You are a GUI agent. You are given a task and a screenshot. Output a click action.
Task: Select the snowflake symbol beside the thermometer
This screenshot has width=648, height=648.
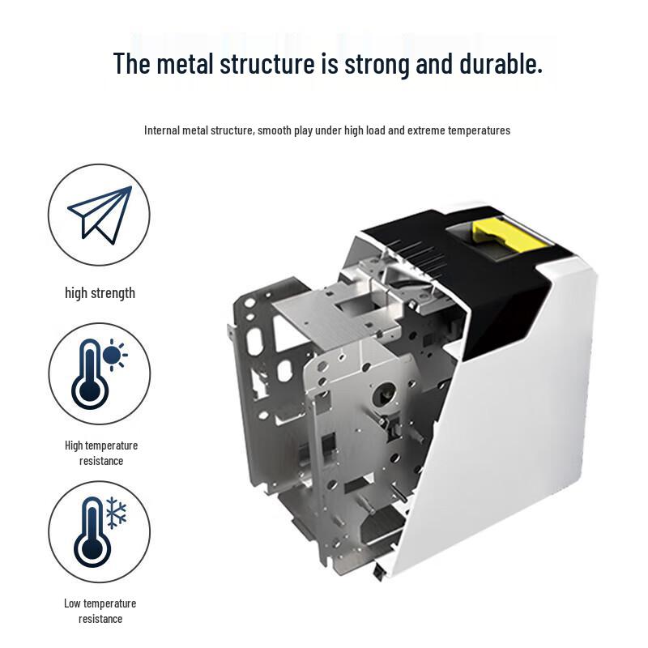(116, 513)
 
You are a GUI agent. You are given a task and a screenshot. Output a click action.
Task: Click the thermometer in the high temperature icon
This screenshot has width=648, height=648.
(90, 374)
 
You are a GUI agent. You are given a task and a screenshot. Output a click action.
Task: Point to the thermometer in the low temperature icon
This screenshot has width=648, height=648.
(92, 532)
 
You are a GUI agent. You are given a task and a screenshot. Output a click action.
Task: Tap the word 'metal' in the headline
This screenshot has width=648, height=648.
(185, 64)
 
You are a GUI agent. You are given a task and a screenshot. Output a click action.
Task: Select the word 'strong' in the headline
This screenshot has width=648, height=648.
(377, 65)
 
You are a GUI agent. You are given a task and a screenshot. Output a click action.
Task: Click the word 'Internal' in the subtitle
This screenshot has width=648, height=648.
(161, 130)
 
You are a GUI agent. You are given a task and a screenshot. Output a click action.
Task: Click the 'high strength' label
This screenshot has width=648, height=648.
(100, 293)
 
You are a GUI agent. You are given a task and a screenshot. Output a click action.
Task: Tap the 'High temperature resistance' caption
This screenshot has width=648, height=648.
(101, 453)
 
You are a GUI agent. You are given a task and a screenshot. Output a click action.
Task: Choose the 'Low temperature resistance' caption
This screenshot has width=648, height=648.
(100, 611)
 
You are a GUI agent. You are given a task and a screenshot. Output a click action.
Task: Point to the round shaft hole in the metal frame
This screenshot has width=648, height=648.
(384, 394)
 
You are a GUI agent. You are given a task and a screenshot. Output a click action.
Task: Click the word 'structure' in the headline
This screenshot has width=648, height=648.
(267, 64)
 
